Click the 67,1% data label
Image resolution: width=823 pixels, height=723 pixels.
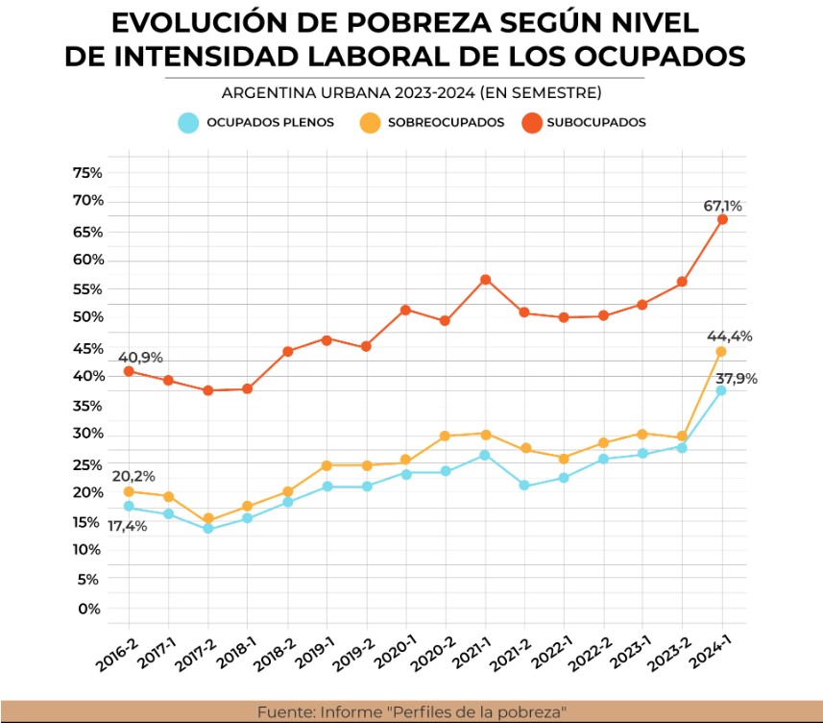tap(722, 206)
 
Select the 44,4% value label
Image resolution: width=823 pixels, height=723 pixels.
tap(730, 337)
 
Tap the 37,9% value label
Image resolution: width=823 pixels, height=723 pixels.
tap(737, 378)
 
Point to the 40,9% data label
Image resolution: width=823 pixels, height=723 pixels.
tap(140, 357)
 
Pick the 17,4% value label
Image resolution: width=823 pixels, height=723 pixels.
tap(126, 526)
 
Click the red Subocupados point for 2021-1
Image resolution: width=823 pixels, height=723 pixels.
tap(485, 280)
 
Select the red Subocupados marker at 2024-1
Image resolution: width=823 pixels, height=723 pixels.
tap(722, 219)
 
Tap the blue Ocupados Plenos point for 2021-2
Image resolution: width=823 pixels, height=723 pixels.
tap(524, 486)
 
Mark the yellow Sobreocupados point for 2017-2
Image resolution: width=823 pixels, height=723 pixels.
tap(207, 520)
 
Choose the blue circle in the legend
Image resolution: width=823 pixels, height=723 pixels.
tap(189, 122)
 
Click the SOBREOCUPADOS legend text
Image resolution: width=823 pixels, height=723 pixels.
tap(446, 122)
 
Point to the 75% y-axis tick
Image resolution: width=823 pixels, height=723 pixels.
tap(87, 173)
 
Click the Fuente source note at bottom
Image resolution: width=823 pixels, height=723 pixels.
tap(411, 712)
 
